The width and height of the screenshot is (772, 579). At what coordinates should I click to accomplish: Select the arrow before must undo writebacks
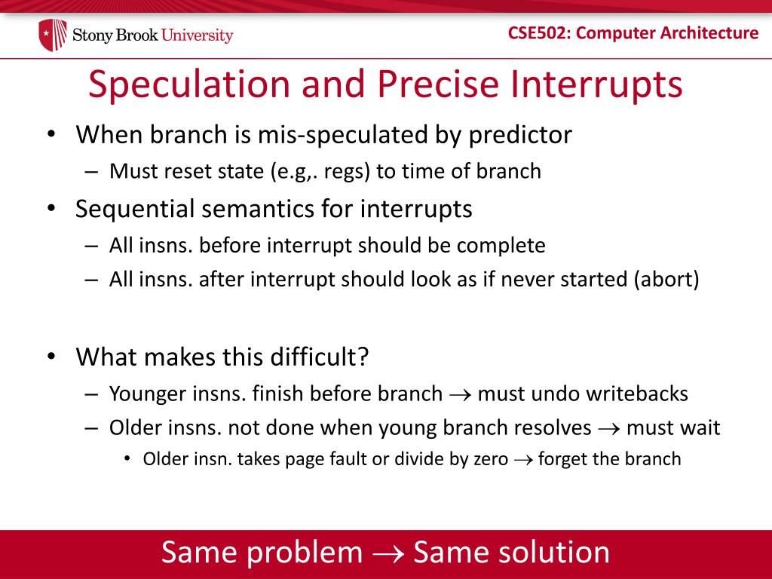[460, 394]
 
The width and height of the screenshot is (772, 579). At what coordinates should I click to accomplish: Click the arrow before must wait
[608, 429]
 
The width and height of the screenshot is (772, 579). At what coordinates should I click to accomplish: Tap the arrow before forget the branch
[522, 460]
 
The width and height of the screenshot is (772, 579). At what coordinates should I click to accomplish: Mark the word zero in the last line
[490, 459]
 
